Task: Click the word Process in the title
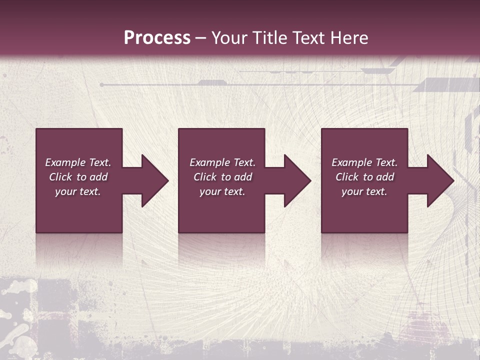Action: tap(157, 37)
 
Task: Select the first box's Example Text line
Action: tap(78, 162)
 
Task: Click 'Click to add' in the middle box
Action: tap(222, 177)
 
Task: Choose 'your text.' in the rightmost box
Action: tap(364, 191)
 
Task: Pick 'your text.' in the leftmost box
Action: tap(78, 191)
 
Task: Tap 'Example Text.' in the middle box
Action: tap(222, 162)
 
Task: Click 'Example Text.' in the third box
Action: tap(364, 162)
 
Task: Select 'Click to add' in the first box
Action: tap(78, 177)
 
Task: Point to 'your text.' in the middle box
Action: tap(222, 191)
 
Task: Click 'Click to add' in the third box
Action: tap(364, 177)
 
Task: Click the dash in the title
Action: tap(200, 38)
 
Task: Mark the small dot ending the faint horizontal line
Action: tap(101, 85)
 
